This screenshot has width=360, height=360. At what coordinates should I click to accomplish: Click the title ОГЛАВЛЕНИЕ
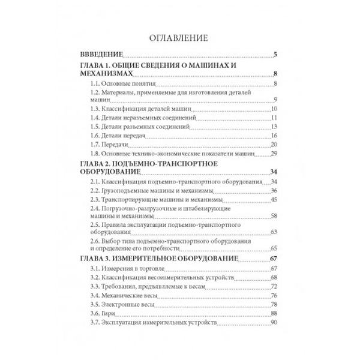[179, 38]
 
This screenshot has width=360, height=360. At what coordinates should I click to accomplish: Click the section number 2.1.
[95, 182]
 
